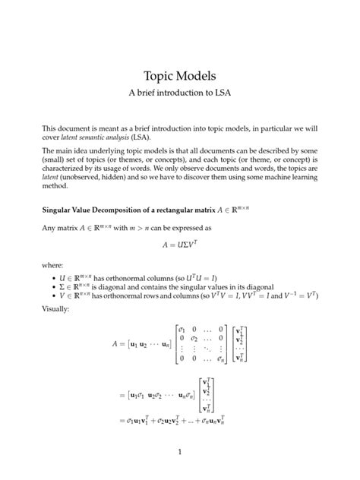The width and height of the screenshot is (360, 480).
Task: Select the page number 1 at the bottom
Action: pyautogui.click(x=180, y=453)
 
